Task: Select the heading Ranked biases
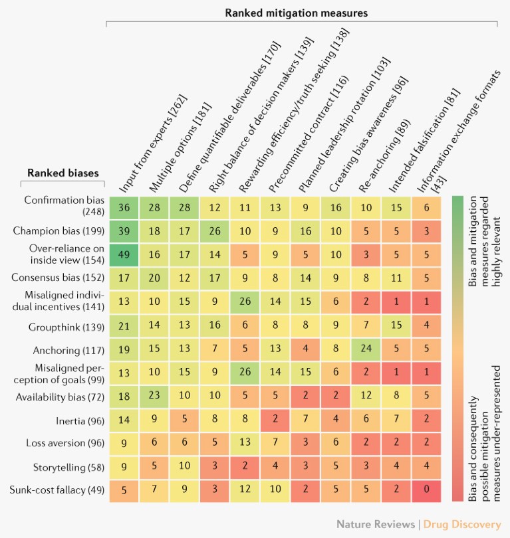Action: click(x=65, y=173)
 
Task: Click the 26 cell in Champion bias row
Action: click(x=214, y=231)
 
